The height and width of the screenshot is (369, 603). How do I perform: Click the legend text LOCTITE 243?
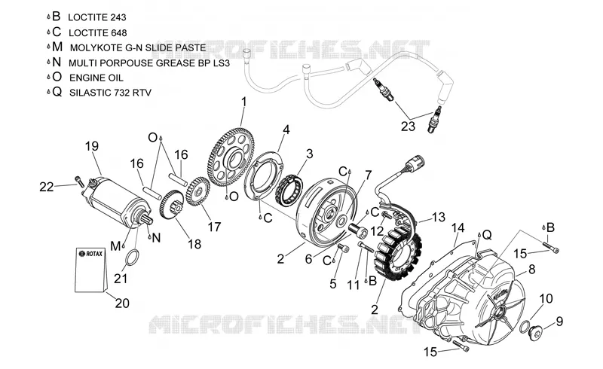pos(97,17)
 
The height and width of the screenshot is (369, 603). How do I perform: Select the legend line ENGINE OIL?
pos(96,78)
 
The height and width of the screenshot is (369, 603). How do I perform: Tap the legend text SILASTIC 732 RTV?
pos(110,93)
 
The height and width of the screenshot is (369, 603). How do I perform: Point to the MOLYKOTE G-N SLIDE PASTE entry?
pos(138,48)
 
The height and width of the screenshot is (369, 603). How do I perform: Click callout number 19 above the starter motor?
pos(92,146)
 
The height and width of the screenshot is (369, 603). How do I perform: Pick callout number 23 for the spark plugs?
pos(408,126)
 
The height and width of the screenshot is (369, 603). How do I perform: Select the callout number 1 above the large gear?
pos(243,102)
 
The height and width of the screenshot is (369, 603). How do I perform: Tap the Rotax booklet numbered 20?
pos(91,270)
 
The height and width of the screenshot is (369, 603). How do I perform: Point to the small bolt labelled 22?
pos(79,181)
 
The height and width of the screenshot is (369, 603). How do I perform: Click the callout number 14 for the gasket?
pos(458,228)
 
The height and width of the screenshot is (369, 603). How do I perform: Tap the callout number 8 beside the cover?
pos(532,269)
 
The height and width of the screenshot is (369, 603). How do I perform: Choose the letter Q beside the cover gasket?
pos(487,234)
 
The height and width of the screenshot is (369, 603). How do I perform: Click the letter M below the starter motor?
pos(115,245)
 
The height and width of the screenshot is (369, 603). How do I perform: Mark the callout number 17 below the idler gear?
pos(214,227)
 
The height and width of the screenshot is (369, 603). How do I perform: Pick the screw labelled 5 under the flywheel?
pos(343,249)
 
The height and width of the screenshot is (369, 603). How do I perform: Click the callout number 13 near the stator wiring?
pos(439,217)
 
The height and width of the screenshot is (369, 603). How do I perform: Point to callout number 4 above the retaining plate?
pos(286,130)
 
